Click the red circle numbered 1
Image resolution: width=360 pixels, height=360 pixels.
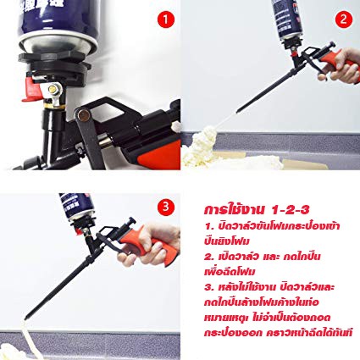pyautogui.click(x=165, y=19)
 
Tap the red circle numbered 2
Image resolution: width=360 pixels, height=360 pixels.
pyautogui.click(x=344, y=19)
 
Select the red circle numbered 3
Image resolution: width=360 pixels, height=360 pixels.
pyautogui.click(x=165, y=207)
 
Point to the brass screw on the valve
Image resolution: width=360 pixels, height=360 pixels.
pyautogui.click(x=53, y=89)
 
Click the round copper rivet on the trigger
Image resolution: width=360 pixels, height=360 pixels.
pyautogui.click(x=83, y=115)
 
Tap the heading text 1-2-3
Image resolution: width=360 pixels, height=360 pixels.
pyautogui.click(x=291, y=210)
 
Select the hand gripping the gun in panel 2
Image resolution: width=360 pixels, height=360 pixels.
pyautogui.click(x=341, y=67)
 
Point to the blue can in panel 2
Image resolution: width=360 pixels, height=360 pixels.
pyautogui.click(x=286, y=19)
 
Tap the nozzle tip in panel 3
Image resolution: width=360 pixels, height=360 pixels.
pyautogui.click(x=27, y=317)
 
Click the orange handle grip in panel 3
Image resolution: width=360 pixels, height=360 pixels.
pyautogui.click(x=150, y=244)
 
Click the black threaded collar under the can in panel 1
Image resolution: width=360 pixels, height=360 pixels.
pyautogui.click(x=55, y=65)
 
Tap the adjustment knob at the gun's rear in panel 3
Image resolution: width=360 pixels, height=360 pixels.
pyautogui.click(x=130, y=221)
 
